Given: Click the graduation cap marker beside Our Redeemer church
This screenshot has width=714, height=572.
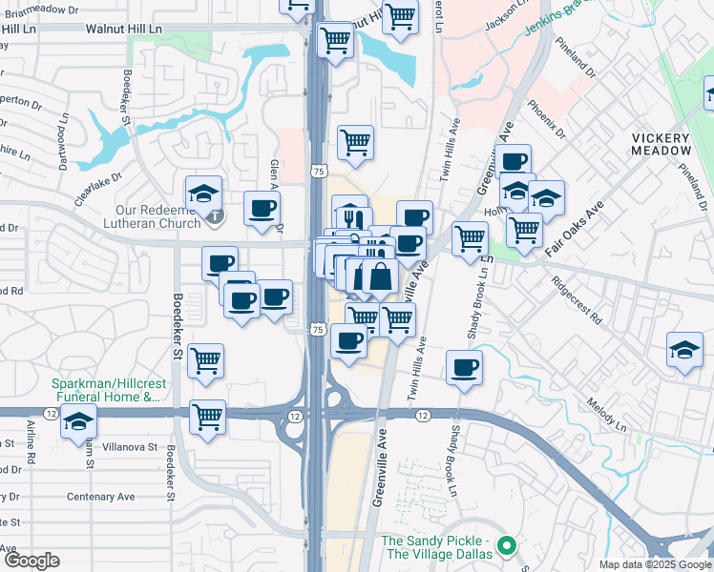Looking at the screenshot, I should coord(203,194).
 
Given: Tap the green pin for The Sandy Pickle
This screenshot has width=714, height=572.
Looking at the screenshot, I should coord(508,547).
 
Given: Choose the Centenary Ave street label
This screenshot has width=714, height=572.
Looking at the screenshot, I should coord(101,497).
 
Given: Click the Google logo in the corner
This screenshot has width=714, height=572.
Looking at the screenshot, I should coord(31,561).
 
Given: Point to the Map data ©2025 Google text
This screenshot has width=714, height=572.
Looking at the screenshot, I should coord(655,564).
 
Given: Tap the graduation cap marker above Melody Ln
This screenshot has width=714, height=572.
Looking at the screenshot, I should coord(685,349).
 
